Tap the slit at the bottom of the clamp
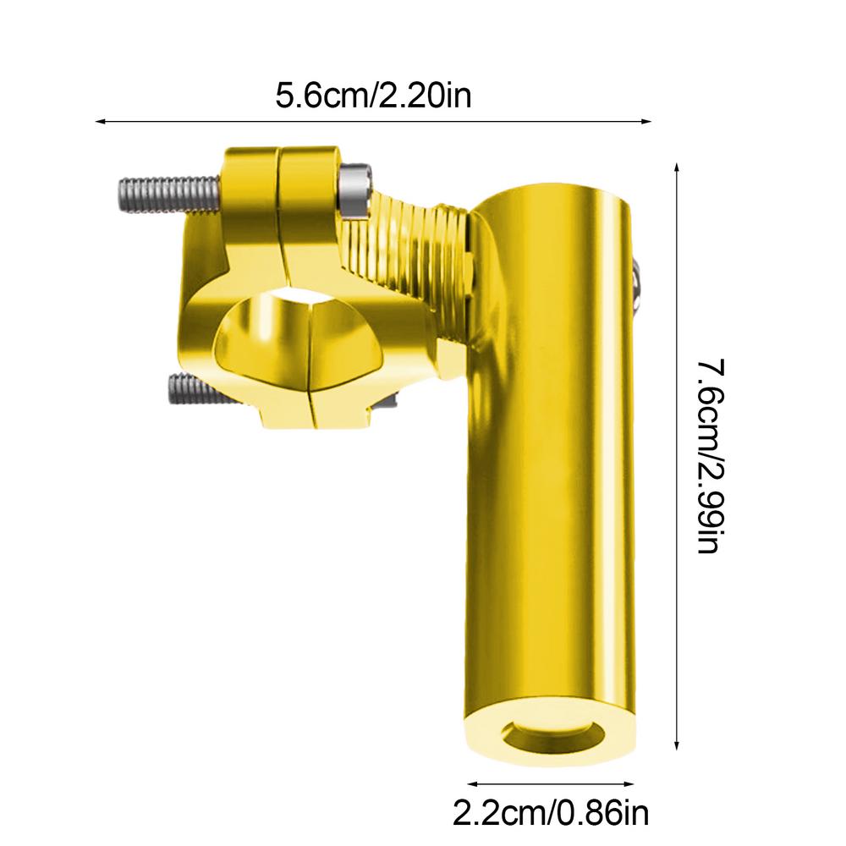[x=310, y=406]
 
